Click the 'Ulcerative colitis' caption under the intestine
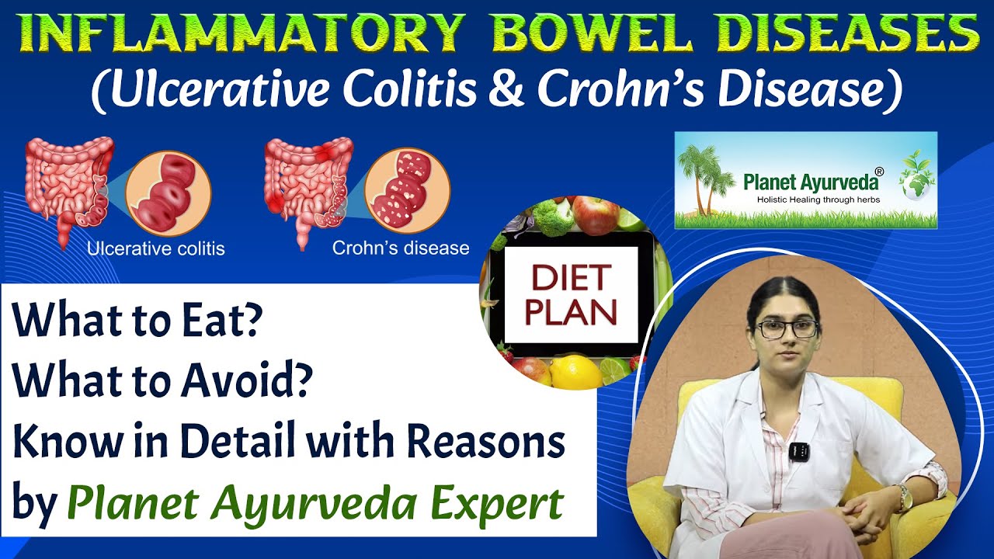(155, 249)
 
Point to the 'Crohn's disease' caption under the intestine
(401, 248)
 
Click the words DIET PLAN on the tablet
(571, 295)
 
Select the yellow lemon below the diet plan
(576, 371)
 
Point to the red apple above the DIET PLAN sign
(596, 215)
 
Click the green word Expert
(488, 505)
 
